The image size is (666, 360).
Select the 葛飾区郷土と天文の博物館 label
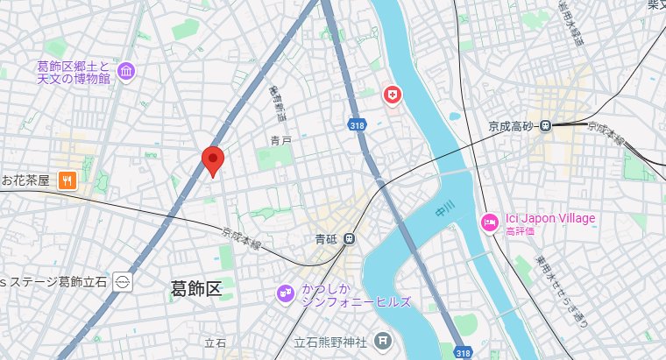[x=74, y=72]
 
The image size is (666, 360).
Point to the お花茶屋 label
[x=26, y=180]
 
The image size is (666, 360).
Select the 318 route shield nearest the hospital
[x=356, y=124]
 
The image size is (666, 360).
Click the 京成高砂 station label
[x=512, y=126]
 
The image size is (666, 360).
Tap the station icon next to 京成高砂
[x=546, y=126]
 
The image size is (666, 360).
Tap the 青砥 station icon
[x=350, y=237]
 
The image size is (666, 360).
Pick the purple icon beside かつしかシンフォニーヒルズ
[x=285, y=293]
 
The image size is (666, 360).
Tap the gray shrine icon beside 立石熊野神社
[x=382, y=339]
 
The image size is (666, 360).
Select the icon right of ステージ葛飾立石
[x=123, y=282]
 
